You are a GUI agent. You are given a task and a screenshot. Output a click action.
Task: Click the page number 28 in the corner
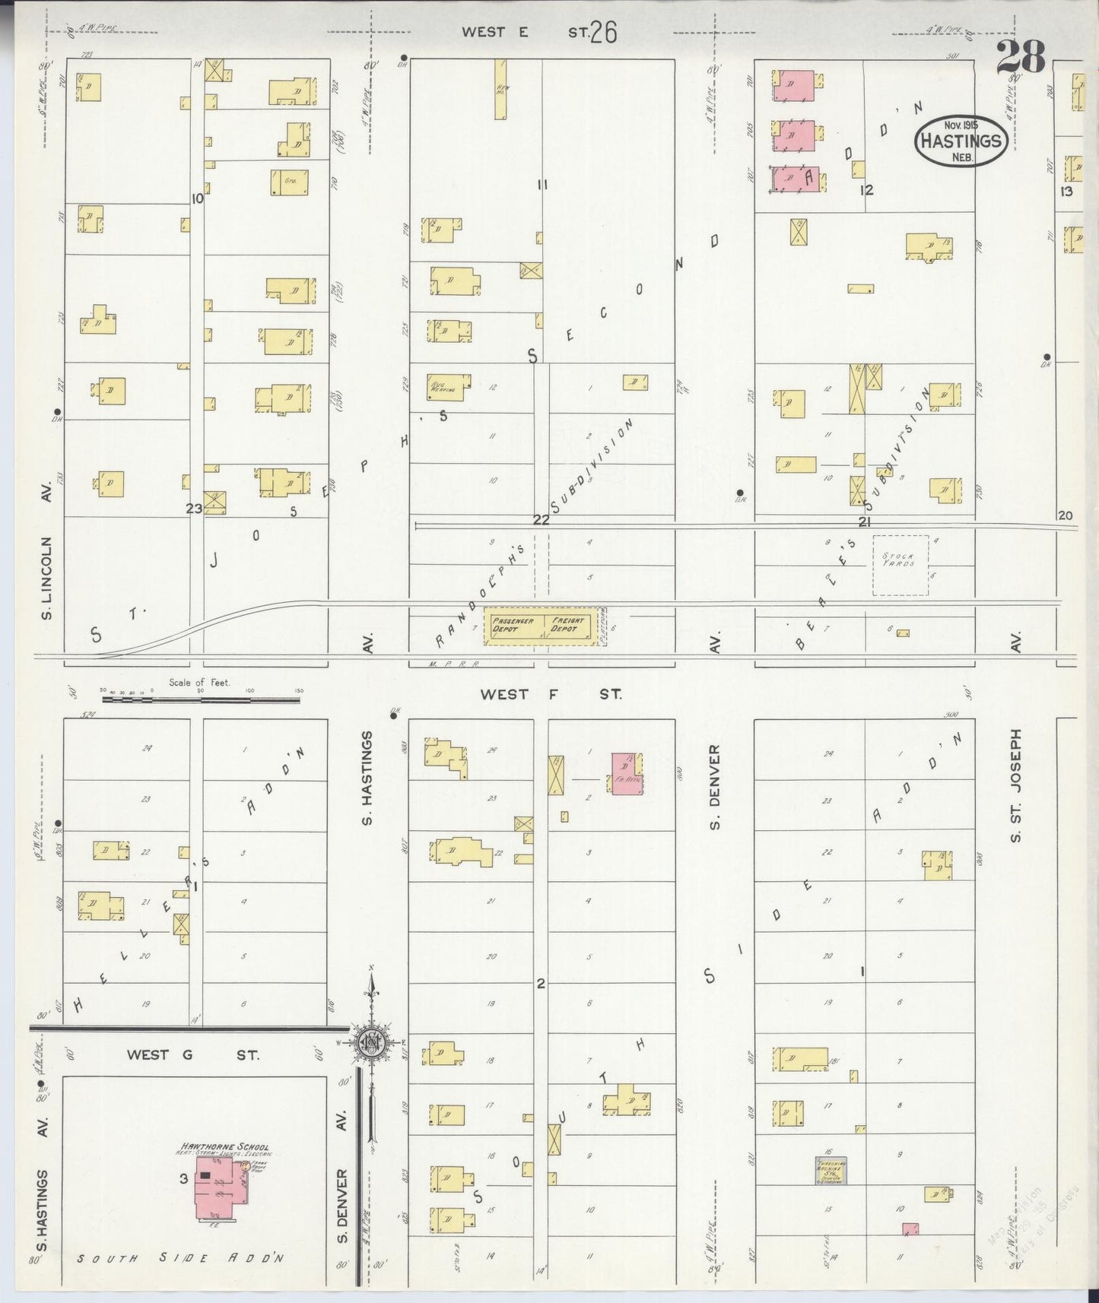(1020, 56)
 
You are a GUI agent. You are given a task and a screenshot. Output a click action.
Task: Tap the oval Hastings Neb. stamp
(961, 141)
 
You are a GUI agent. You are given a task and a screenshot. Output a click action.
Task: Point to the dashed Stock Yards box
(900, 565)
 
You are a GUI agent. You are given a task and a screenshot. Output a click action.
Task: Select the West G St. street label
(192, 1055)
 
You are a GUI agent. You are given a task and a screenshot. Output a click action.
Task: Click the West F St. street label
(551, 694)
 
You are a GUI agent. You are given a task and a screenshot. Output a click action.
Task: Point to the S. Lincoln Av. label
(46, 578)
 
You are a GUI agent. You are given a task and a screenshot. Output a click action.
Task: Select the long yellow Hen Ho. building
(500, 89)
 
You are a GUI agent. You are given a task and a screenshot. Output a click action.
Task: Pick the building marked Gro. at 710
(288, 182)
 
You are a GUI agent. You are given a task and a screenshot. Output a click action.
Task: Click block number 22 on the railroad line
(541, 520)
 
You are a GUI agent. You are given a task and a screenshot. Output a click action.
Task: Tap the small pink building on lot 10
(910, 1229)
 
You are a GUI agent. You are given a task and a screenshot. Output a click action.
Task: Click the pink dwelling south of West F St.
(627, 774)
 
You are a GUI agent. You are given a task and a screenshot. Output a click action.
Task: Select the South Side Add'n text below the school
(180, 1258)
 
